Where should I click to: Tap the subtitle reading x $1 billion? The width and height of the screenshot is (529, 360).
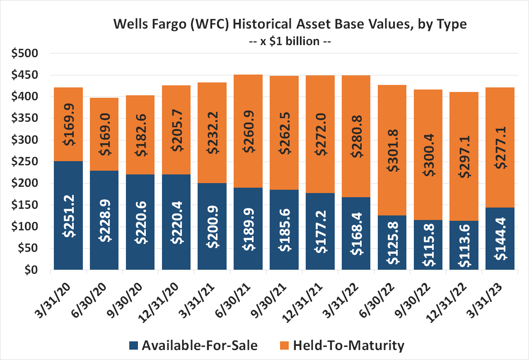tap(290, 41)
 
